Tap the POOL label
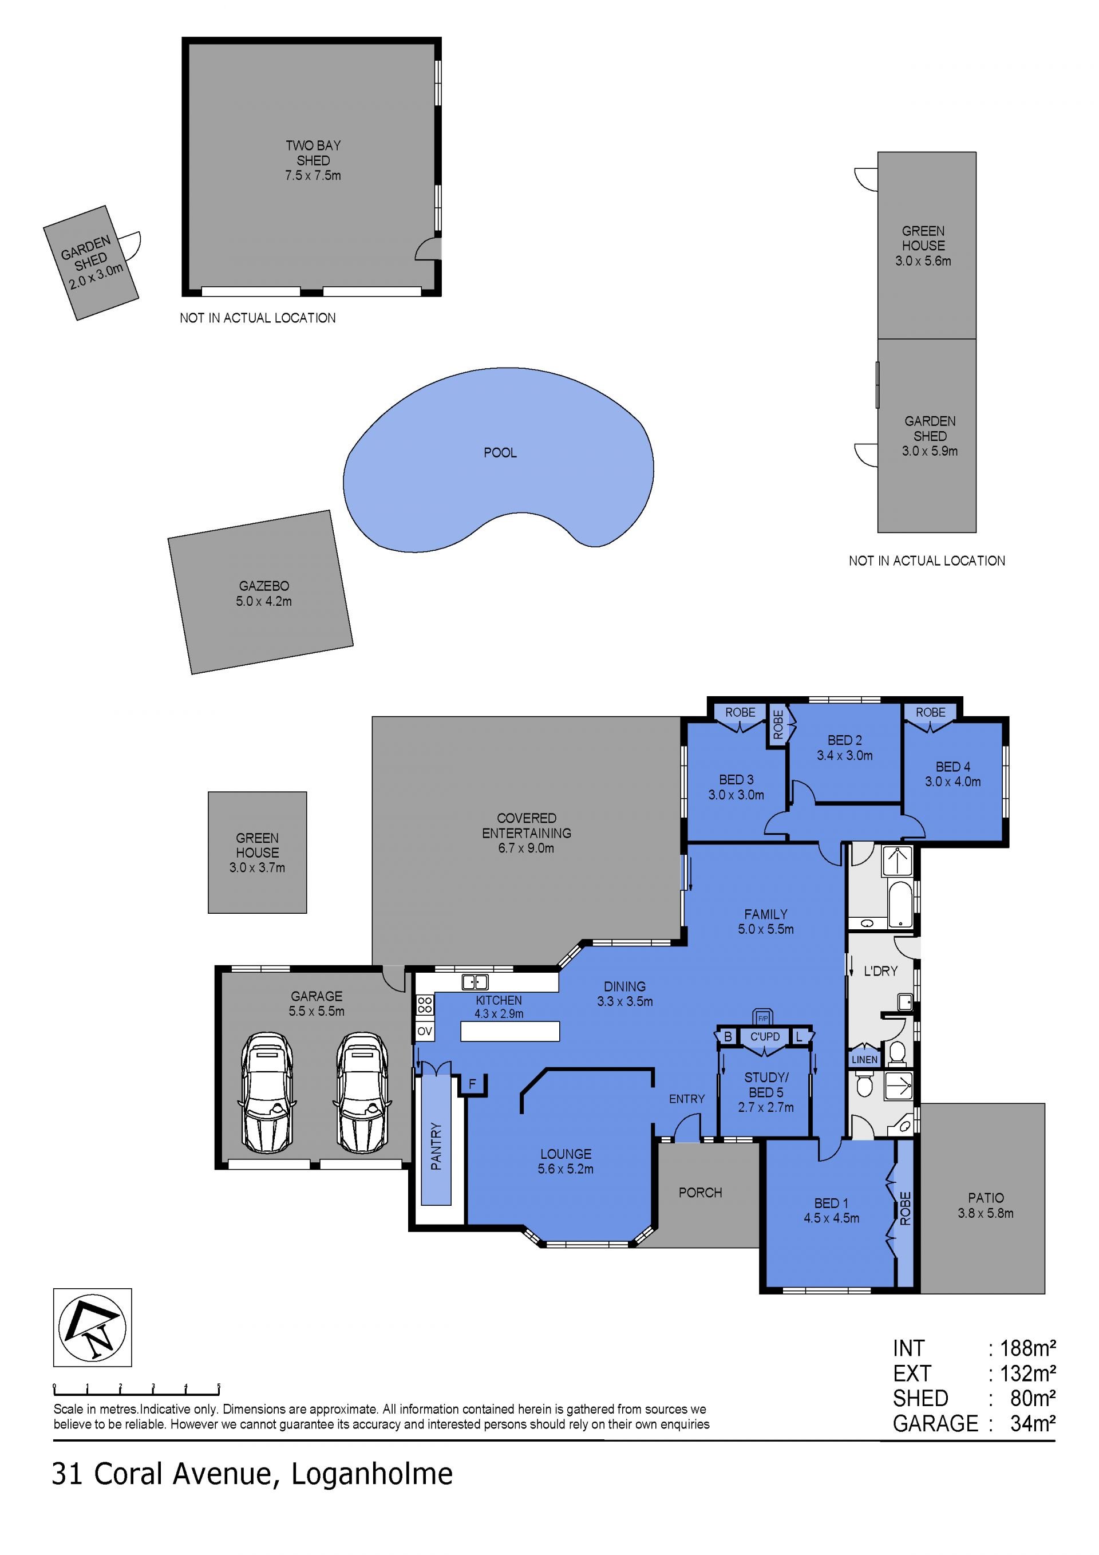[500, 452]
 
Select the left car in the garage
[268, 1092]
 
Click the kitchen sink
[475, 981]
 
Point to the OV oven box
[425, 1032]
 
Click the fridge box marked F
[473, 1084]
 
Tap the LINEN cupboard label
[864, 1059]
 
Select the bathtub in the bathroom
[900, 903]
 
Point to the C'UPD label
[765, 1036]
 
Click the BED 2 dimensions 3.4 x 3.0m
[844, 755]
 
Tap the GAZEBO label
[264, 586]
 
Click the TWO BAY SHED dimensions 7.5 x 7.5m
[313, 175]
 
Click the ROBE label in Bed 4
[930, 712]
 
